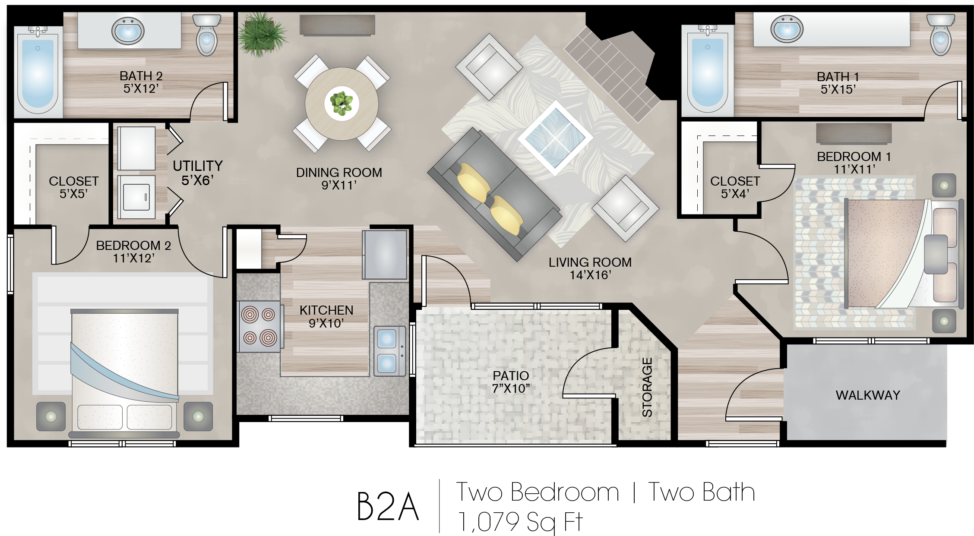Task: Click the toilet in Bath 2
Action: tap(207, 35)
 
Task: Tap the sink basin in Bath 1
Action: tap(787, 29)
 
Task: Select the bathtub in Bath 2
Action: tap(38, 70)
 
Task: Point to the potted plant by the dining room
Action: tap(262, 35)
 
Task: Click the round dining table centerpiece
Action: tap(342, 104)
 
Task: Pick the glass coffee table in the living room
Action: tap(555, 138)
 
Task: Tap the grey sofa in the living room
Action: tap(494, 194)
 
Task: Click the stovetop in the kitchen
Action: tap(259, 326)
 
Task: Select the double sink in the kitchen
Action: tap(389, 351)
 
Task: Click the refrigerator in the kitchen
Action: tap(385, 255)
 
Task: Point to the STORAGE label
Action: tap(647, 387)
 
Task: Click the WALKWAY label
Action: tap(868, 395)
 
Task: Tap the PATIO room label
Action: tap(511, 375)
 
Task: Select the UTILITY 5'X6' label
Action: tap(198, 173)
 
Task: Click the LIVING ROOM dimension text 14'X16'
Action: tap(590, 275)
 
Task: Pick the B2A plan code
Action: tap(388, 507)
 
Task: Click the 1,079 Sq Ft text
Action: tap(520, 522)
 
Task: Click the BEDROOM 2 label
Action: tap(133, 245)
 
